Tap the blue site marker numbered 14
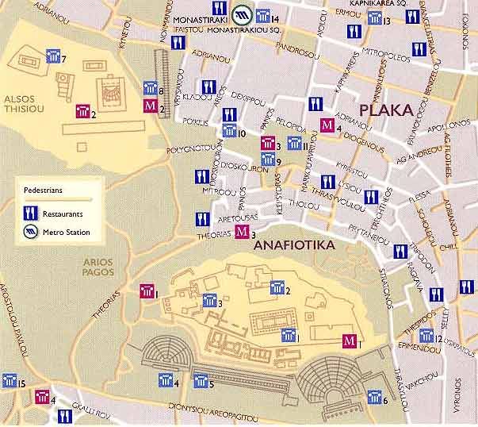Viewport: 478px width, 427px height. [262, 18]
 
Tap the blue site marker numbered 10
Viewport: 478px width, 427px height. [228, 133]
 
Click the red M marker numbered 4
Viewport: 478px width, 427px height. [327, 125]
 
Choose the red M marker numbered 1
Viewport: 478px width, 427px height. [347, 341]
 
